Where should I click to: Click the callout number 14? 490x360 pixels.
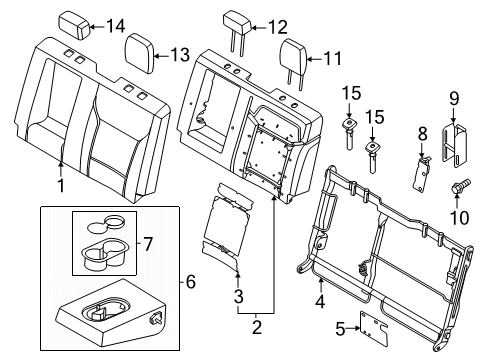click(117, 25)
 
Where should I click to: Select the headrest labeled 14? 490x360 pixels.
click(76, 23)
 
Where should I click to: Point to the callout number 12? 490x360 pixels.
click(277, 27)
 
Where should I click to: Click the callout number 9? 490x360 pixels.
click(453, 98)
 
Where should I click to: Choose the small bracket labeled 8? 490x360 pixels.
click(424, 162)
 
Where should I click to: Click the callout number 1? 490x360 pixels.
click(61, 186)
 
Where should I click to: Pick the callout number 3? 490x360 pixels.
click(238, 296)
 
